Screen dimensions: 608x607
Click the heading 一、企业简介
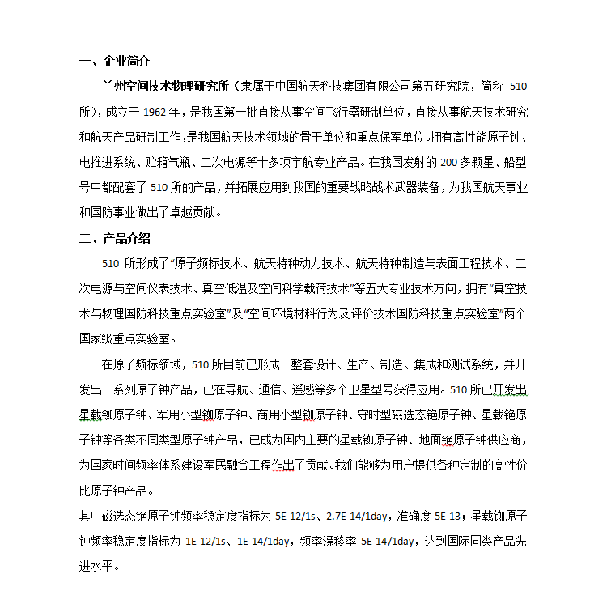114,62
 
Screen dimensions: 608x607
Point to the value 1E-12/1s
207,542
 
